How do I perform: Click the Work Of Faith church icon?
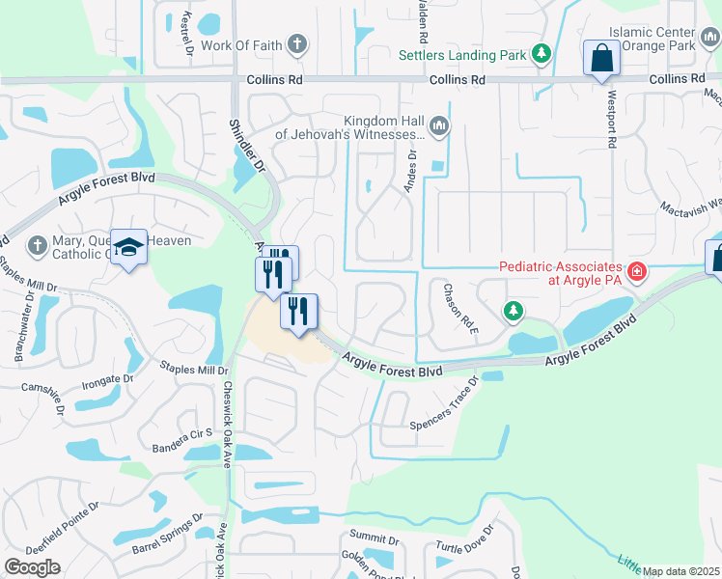(297, 44)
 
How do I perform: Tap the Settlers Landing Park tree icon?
(542, 54)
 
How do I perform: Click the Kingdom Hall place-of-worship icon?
(439, 125)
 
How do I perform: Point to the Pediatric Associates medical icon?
(636, 272)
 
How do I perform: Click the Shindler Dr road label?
(246, 146)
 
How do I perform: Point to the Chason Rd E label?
(461, 309)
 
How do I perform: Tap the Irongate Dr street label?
(100, 380)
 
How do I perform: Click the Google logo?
(33, 567)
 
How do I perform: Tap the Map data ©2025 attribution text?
(680, 571)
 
